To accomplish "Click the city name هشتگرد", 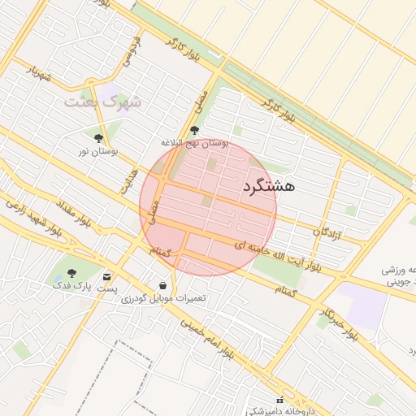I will [268, 186].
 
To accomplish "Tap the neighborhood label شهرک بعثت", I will [102, 102].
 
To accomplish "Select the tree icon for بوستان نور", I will [99, 138].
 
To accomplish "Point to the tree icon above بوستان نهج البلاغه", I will [193, 130].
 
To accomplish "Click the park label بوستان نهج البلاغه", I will [195, 143].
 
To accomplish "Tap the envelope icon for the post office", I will [107, 277].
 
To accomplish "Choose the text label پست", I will [107, 288].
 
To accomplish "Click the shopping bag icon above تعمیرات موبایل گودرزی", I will [163, 286].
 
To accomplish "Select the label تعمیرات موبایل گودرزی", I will [164, 298].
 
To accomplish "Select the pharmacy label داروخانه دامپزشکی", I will [276, 410].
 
